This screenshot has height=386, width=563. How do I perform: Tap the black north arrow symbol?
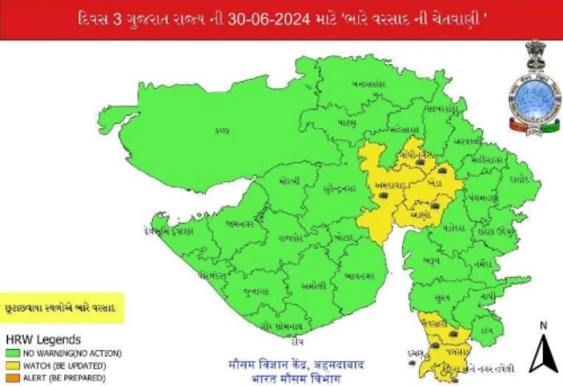tap(543, 354)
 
